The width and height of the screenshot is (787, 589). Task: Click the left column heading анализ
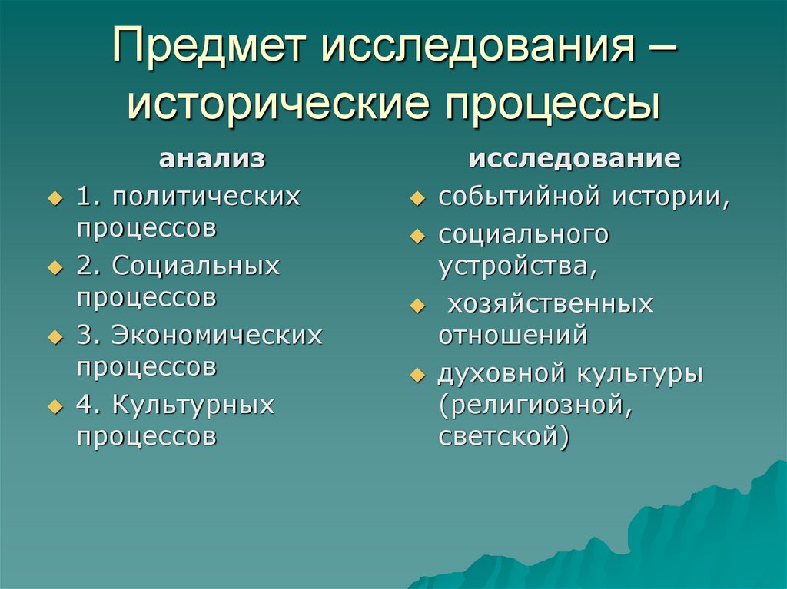coord(212,159)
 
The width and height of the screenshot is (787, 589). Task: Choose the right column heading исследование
coord(574,159)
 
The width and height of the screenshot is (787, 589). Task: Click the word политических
coord(206,197)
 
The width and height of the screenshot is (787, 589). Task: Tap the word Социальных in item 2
coord(196,266)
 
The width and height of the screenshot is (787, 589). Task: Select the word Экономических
coord(217,335)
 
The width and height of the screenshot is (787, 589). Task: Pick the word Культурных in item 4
coord(193,404)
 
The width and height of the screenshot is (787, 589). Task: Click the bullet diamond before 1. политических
coord(54,198)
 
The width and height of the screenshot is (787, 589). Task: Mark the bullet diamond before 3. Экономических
coord(54,336)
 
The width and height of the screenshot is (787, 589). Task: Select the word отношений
coord(513,336)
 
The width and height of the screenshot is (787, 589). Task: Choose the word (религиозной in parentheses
coord(535,405)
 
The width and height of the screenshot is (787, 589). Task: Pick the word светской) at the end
coord(504,437)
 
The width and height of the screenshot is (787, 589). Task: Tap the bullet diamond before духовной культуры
coord(417,376)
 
